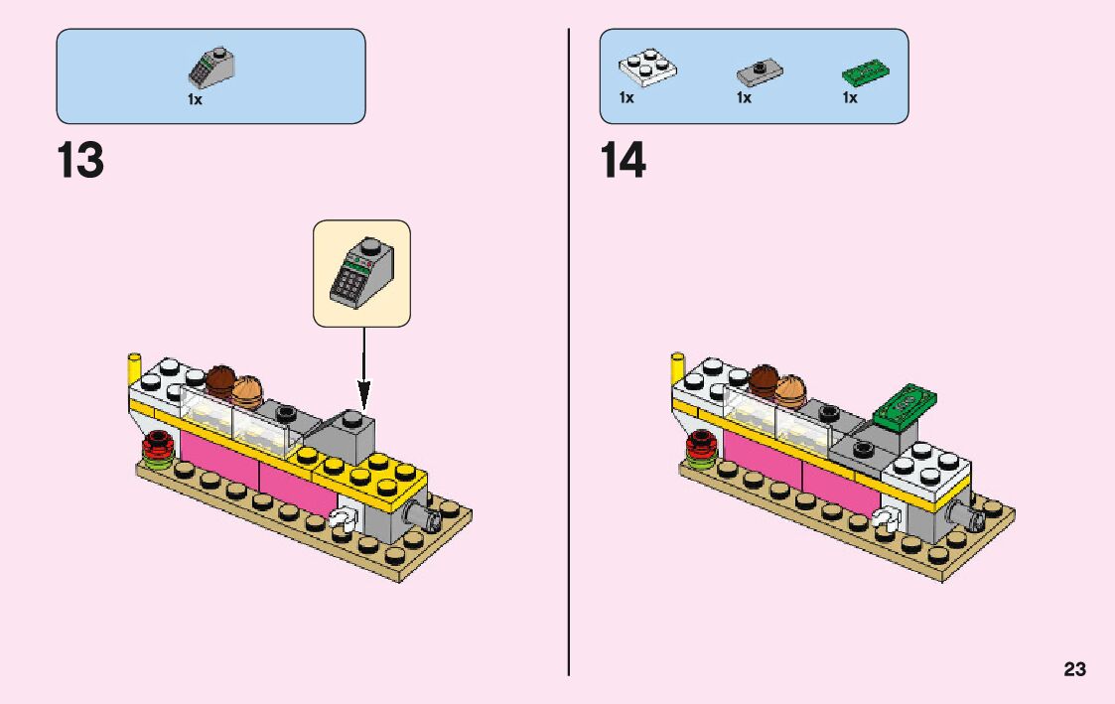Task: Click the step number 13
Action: pyautogui.click(x=80, y=161)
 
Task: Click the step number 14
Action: pyautogui.click(x=623, y=161)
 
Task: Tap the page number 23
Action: pyautogui.click(x=1074, y=670)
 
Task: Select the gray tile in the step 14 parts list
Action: pyautogui.click(x=760, y=71)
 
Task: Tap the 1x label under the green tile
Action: pyautogui.click(x=850, y=98)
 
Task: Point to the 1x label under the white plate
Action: pyautogui.click(x=627, y=98)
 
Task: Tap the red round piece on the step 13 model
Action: pyautogui.click(x=157, y=447)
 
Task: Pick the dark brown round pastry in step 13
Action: pyautogui.click(x=220, y=379)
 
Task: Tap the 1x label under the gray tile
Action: pyautogui.click(x=744, y=98)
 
